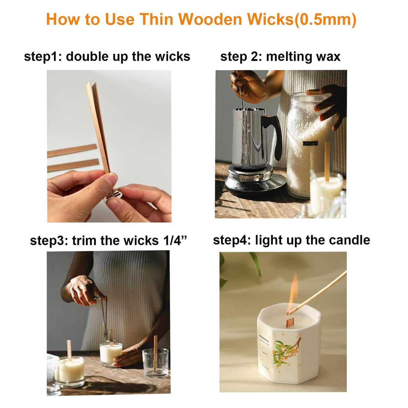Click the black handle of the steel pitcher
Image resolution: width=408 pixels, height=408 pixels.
[x=277, y=134]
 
